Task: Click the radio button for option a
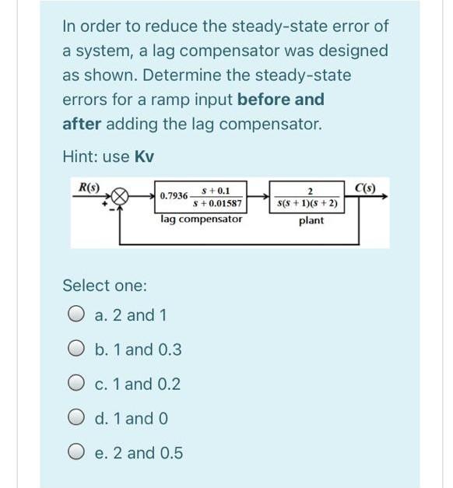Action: (x=75, y=315)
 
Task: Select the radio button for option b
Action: (x=75, y=349)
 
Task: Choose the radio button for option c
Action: (x=75, y=384)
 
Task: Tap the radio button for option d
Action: (x=75, y=418)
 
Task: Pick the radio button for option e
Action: (x=75, y=452)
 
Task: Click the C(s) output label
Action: (x=363, y=186)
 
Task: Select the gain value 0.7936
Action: (x=173, y=197)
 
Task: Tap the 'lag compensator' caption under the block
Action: (x=201, y=219)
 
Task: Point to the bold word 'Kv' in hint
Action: (x=144, y=156)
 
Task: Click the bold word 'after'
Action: (x=81, y=124)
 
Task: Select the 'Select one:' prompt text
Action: (x=104, y=286)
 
